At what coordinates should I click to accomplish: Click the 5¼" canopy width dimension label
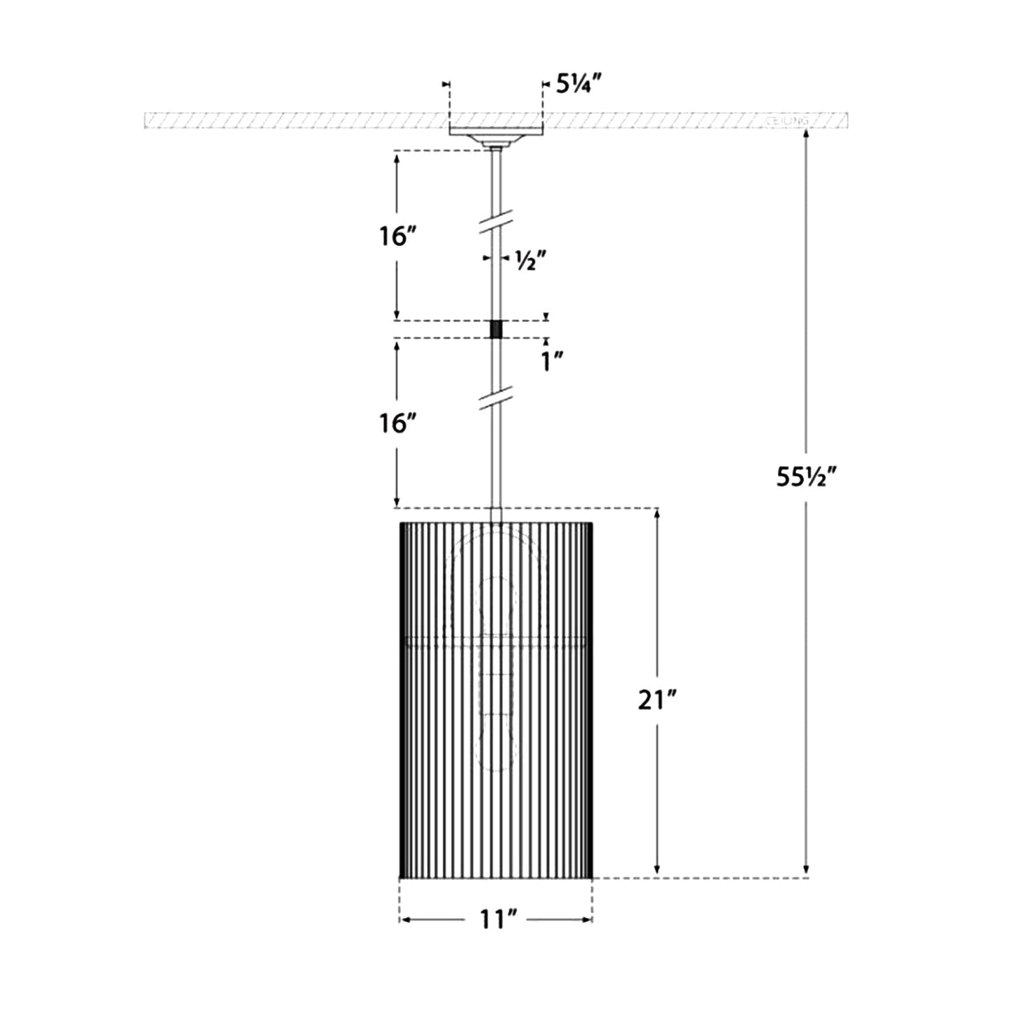(579, 84)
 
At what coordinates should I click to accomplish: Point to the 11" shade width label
(497, 919)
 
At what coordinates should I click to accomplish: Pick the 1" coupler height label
(552, 361)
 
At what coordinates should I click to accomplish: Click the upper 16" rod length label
(398, 236)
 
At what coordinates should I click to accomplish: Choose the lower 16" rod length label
(398, 423)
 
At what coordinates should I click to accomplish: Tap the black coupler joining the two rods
(496, 329)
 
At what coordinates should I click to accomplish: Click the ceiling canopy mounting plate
(495, 133)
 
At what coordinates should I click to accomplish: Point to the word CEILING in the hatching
(787, 121)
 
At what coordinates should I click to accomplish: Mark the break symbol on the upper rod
(496, 223)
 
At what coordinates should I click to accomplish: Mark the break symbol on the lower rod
(496, 397)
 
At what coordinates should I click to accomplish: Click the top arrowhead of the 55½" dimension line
(806, 134)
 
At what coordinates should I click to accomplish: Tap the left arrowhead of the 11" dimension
(404, 919)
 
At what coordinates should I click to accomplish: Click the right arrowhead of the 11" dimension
(588, 919)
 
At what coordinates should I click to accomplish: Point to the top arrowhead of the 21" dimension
(657, 514)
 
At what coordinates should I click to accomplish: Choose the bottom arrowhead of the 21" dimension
(657, 872)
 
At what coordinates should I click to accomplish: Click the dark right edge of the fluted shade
(590, 700)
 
